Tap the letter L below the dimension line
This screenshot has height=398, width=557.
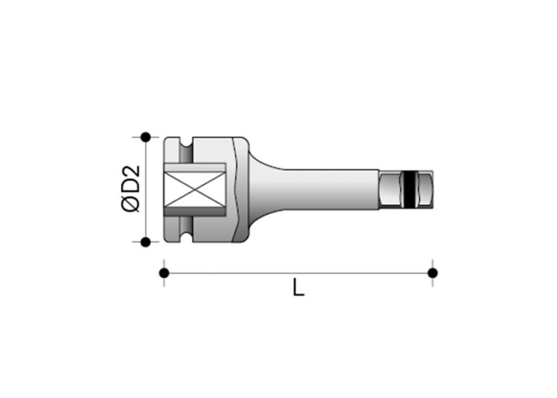point(298,288)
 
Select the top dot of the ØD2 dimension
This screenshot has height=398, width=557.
point(145,136)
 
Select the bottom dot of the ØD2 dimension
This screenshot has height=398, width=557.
point(145,241)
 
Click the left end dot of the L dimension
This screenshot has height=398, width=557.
point(164,272)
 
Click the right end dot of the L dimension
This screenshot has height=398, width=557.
point(432,272)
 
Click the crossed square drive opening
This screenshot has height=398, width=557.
point(193,189)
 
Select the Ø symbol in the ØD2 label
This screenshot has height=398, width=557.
point(132,203)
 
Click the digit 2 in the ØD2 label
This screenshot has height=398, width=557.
point(132,171)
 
